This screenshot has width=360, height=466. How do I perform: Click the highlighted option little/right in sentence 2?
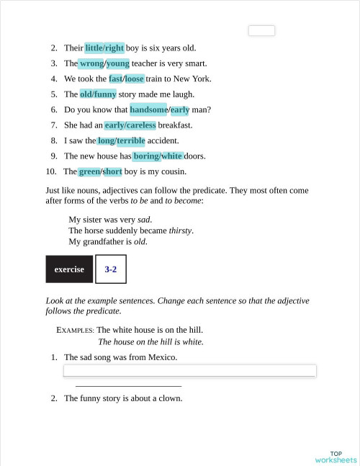(x=104, y=48)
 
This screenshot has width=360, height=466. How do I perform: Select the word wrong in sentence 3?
(x=91, y=63)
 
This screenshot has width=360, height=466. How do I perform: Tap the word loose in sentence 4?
(x=135, y=79)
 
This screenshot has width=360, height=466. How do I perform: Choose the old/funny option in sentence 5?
(x=98, y=94)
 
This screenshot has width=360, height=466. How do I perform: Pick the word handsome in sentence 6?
(x=148, y=110)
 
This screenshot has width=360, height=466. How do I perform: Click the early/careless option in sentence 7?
(x=130, y=125)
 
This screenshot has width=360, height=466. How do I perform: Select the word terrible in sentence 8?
(x=131, y=140)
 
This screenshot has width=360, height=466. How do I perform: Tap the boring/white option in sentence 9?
(x=158, y=156)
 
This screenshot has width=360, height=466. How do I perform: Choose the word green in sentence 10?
(x=89, y=171)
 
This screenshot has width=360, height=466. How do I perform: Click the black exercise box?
(x=68, y=269)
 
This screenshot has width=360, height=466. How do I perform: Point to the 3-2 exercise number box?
(x=110, y=269)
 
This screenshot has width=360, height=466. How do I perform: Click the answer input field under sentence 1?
(x=190, y=370)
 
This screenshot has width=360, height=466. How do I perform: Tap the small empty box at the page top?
(x=261, y=30)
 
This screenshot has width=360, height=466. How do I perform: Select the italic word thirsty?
(x=180, y=230)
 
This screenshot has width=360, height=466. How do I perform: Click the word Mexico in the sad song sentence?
(x=161, y=357)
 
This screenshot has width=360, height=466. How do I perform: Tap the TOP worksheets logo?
(x=335, y=457)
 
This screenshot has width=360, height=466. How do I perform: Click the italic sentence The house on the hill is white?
(x=150, y=342)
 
